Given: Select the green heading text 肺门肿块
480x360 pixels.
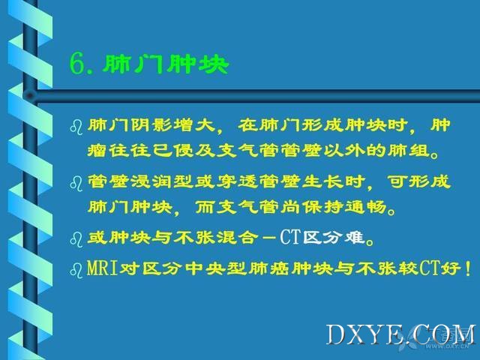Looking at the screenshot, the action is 166,64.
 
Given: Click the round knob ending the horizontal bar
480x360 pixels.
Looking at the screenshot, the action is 30,96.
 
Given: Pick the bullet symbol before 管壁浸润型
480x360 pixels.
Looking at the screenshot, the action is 76,183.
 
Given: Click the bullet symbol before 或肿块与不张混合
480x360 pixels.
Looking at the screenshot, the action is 76,239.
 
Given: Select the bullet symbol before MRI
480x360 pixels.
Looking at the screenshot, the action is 76,270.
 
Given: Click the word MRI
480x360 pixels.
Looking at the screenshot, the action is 103,268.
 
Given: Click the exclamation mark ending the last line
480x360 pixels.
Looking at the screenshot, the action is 467,268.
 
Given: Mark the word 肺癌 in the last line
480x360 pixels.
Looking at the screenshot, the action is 268,268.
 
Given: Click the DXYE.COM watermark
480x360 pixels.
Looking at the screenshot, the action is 401,335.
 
